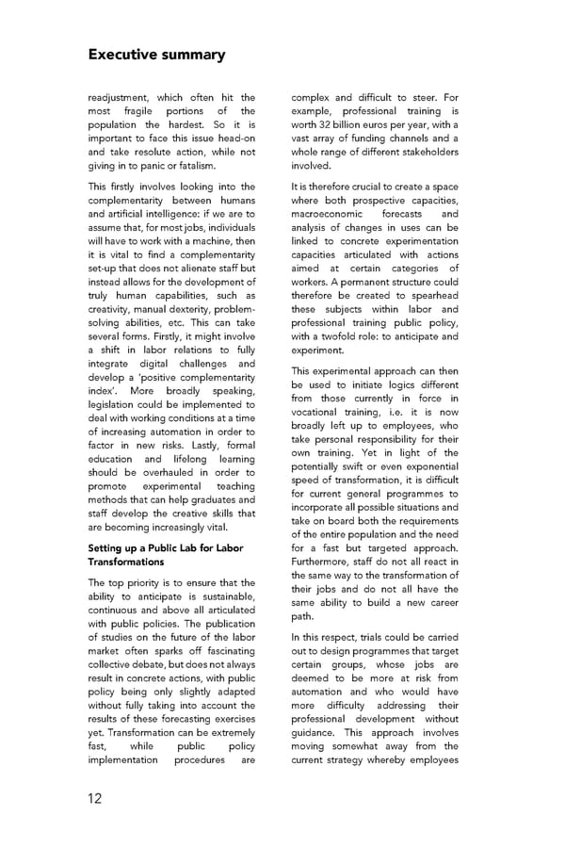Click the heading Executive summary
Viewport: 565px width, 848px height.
(156, 54)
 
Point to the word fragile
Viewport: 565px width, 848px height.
(136, 111)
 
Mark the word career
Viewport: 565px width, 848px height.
(438, 602)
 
